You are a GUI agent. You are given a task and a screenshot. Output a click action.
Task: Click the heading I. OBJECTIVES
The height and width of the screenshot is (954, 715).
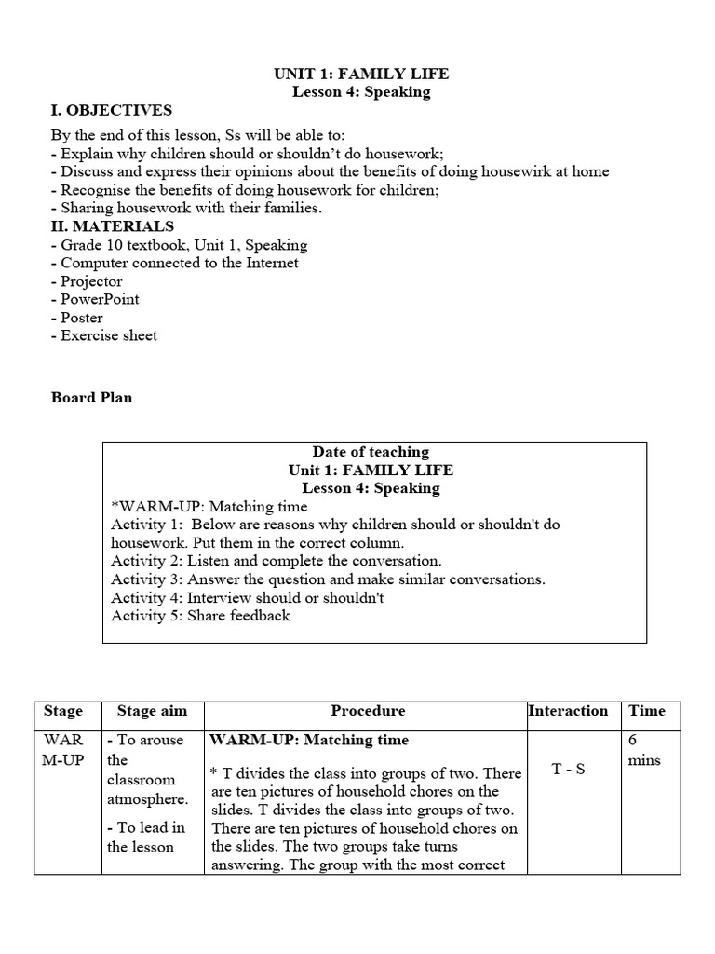[x=111, y=111]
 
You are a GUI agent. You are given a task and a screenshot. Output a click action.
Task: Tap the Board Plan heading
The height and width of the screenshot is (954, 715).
[x=91, y=397]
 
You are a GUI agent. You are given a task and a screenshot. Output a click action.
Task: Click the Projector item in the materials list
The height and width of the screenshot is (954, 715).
[x=91, y=281]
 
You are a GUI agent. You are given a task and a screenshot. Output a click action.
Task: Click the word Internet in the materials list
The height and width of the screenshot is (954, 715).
[x=271, y=263]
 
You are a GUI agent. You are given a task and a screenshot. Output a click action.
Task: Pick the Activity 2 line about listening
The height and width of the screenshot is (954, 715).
[x=276, y=561]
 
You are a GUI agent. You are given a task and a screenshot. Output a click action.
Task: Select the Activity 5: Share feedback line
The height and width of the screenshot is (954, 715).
[x=200, y=616]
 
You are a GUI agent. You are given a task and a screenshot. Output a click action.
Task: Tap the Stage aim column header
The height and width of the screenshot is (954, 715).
[x=152, y=711]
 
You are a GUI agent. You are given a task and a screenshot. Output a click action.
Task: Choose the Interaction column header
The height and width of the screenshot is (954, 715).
[x=568, y=711]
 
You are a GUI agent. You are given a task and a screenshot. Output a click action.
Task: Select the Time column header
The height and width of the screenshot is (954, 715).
[x=647, y=711]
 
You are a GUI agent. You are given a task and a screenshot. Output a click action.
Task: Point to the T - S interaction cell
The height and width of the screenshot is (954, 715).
[x=568, y=770]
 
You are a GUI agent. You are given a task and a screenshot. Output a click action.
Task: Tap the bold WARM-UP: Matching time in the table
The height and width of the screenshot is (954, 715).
[x=309, y=740]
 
